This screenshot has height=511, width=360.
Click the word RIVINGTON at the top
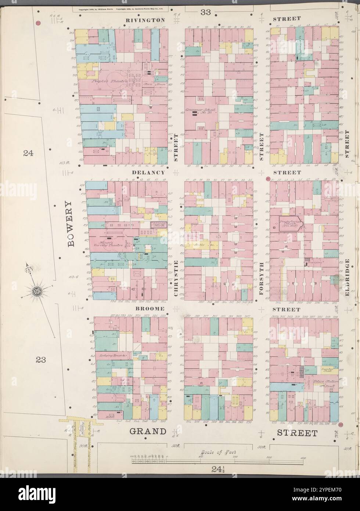[x=145, y=19]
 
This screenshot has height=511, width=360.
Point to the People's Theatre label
[x=109, y=81]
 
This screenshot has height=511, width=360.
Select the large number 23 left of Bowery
[x=40, y=360]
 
